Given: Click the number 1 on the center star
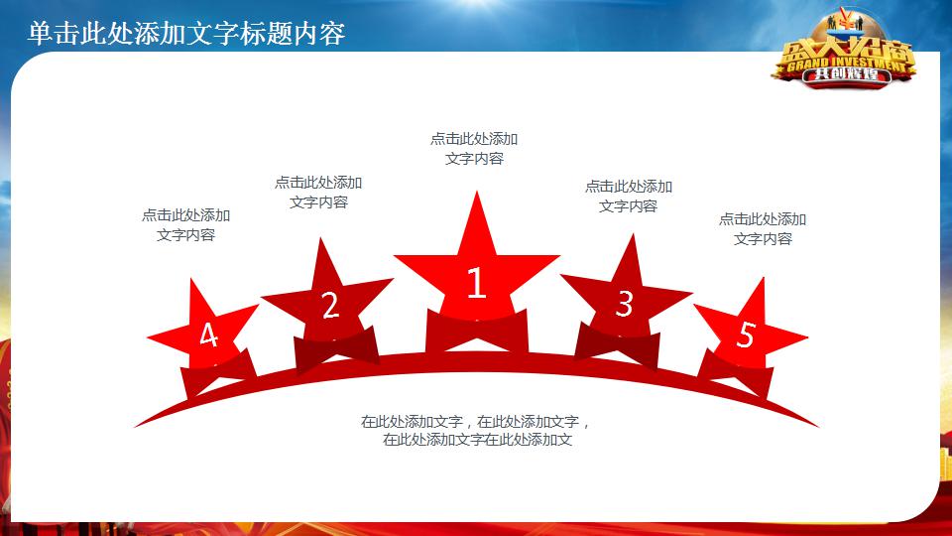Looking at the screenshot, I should pos(476,284).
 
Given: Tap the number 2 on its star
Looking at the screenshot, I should pos(330,306).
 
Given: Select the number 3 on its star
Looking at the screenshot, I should pos(624,304).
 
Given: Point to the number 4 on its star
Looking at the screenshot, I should pos(208,336).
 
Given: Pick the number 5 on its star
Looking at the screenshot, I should pos(746,335).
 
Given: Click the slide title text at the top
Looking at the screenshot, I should pos(186,34).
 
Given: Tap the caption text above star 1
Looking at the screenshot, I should pos(474,149).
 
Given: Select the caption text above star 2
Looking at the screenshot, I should pos(318,193).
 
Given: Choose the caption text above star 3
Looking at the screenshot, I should pos(628,197).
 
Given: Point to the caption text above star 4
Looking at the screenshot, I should pos(185,225).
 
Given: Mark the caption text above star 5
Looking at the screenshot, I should pos(763,229).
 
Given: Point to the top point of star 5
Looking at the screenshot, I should pos(763,281).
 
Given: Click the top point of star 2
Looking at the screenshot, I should pos(322,241).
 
